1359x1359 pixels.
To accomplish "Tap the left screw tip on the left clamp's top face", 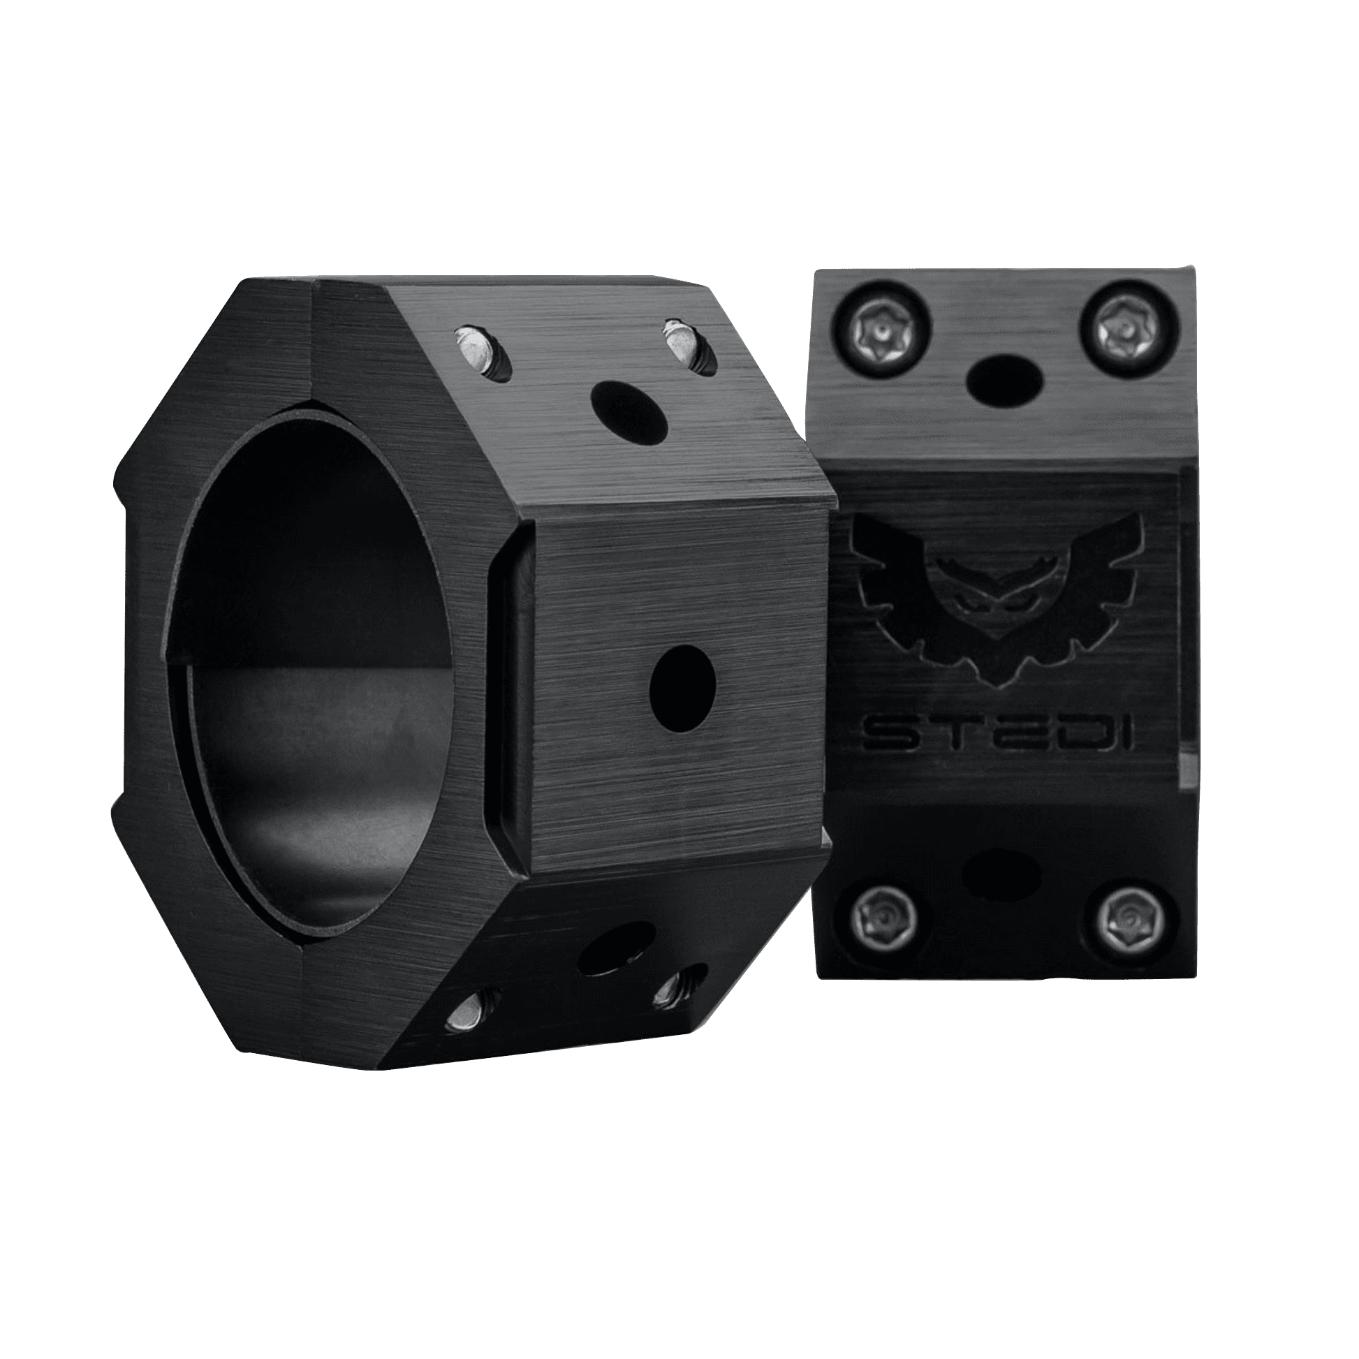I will click(x=476, y=348).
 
